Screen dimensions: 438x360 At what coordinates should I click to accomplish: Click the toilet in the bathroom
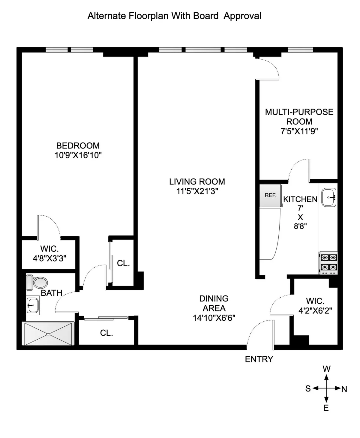click(x=37, y=282)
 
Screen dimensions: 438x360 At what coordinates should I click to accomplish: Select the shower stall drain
click(x=48, y=334)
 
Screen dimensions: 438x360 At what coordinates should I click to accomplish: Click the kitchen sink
click(x=329, y=197)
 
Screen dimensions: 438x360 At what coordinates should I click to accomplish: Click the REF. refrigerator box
click(x=270, y=195)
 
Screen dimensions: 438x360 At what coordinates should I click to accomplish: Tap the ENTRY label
click(x=259, y=359)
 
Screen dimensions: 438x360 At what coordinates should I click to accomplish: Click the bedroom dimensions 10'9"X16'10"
click(x=78, y=155)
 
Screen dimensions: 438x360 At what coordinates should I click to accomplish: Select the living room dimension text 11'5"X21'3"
click(x=197, y=191)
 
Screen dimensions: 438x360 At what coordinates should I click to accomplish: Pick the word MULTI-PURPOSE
click(x=299, y=112)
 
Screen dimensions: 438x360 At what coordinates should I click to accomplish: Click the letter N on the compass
click(x=344, y=389)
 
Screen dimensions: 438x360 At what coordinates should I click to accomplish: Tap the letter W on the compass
click(x=326, y=369)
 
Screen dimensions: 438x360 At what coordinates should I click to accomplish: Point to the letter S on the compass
click(x=308, y=388)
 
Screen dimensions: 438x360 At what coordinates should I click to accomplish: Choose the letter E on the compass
click(x=326, y=408)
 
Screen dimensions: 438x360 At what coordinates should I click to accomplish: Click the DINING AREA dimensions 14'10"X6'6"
click(x=214, y=318)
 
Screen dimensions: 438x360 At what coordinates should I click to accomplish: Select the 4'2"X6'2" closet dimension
click(x=315, y=311)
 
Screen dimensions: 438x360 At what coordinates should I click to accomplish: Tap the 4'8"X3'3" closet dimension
click(x=49, y=258)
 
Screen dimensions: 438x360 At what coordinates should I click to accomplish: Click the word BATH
click(x=52, y=293)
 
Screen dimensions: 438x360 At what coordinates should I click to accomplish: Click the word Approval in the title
click(x=242, y=16)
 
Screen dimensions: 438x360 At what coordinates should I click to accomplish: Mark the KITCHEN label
click(x=300, y=199)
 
